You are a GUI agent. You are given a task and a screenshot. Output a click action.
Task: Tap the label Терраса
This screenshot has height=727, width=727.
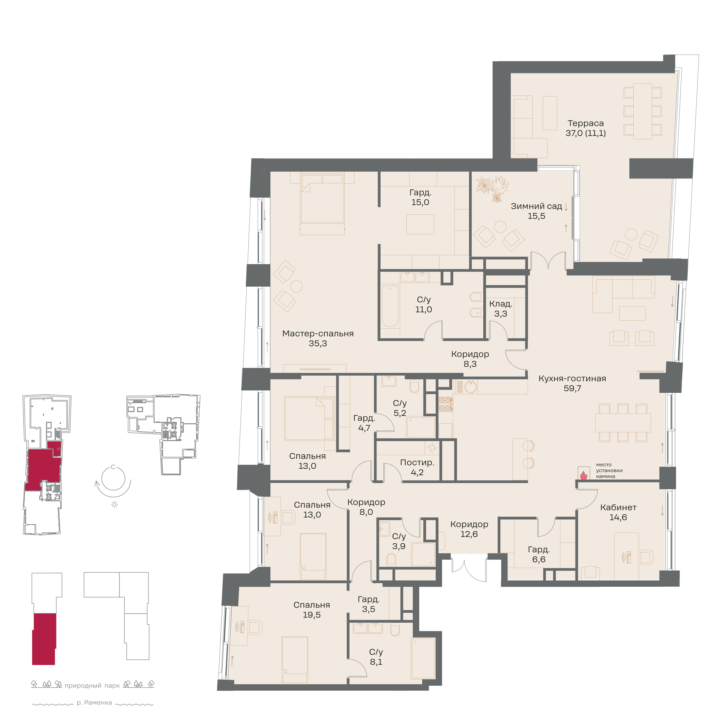coord(585,123)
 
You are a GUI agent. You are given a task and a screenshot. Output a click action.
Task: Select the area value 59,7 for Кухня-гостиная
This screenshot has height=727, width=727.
coord(572,388)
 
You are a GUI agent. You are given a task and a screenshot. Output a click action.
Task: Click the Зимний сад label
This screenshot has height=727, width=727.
coord(536,206)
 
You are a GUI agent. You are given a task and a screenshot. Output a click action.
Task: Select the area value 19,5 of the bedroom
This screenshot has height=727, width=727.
coord(312,615)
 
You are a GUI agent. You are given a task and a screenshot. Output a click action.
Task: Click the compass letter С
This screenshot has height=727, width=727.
coord(113,467)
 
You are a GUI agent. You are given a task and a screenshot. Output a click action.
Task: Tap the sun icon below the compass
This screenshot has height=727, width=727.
coord(114,505)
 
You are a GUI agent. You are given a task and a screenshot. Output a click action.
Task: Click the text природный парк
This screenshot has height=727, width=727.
coord(92,686)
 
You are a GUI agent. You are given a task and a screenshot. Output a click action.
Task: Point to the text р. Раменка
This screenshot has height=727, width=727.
coord(94,703)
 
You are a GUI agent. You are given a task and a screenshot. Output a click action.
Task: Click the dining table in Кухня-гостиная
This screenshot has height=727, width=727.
coord(623,423)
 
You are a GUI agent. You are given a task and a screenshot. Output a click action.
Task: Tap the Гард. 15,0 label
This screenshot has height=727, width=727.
coord(420,197)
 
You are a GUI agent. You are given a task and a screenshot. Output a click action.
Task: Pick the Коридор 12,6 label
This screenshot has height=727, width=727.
coord(469,529)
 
